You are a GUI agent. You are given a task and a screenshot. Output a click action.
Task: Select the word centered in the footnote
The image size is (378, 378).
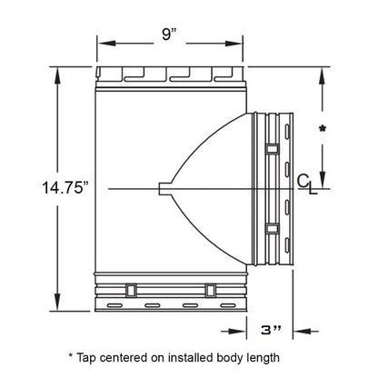pyautogui.click(x=136, y=357)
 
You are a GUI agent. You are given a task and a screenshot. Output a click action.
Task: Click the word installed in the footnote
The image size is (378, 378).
pyautogui.click(x=202, y=357)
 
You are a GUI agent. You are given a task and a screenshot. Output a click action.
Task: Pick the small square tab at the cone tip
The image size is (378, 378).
pyautogui.click(x=163, y=188)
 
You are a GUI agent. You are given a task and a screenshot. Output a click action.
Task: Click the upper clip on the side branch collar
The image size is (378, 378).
pyautogui.click(x=272, y=147)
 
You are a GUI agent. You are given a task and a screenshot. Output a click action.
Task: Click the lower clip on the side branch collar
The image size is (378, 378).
pyautogui.click(x=272, y=228)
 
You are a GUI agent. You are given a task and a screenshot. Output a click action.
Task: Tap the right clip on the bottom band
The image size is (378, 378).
pyautogui.click(x=211, y=290)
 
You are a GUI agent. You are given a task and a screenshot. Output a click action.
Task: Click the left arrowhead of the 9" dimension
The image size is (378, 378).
pyautogui.click(x=101, y=41)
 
